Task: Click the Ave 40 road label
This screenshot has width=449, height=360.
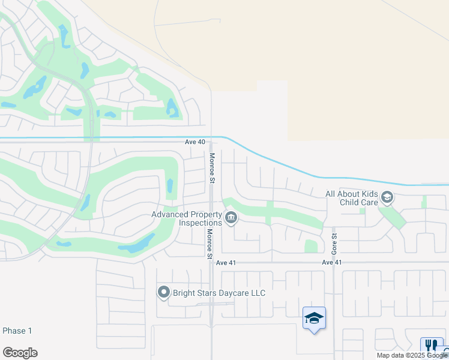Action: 195,142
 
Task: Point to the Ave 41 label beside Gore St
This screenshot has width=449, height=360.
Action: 331,263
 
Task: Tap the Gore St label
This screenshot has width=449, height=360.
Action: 336,243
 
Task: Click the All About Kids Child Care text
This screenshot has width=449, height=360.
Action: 351,198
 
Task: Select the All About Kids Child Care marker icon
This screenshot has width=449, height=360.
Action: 387,197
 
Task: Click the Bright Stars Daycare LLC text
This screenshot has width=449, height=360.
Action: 219,293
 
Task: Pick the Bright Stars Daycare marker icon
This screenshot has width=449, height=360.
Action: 163,293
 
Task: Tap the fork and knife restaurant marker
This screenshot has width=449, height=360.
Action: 431,345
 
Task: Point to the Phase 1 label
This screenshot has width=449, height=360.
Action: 17,331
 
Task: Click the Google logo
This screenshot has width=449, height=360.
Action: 20,353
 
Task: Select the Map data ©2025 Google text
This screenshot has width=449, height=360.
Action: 412,355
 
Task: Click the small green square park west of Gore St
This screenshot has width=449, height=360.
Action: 311,246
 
